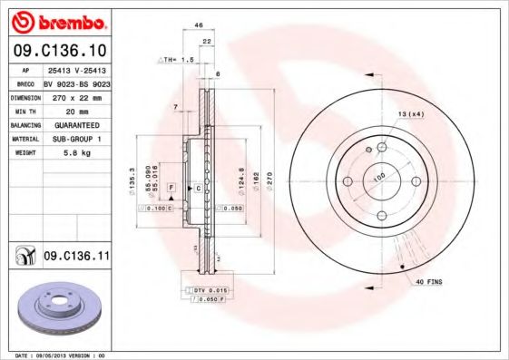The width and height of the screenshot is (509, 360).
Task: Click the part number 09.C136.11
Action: click(x=76, y=258)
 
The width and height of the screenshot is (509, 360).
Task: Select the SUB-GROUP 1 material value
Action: click(x=75, y=139)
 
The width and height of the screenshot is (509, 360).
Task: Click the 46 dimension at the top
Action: click(x=199, y=27)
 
